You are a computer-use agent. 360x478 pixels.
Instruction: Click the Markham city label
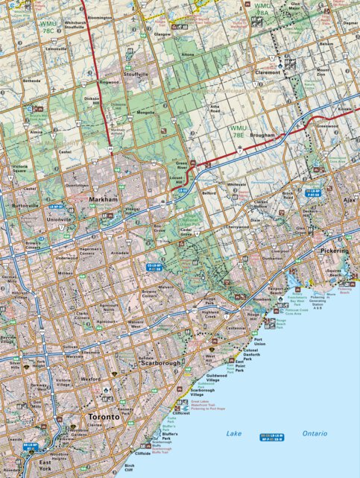(x=103, y=201)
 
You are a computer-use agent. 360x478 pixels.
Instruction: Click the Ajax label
(x=351, y=201)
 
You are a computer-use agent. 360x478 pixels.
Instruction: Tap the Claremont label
(x=268, y=72)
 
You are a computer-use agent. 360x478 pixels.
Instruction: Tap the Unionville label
(x=39, y=220)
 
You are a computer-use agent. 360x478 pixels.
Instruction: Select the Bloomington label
(x=99, y=16)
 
